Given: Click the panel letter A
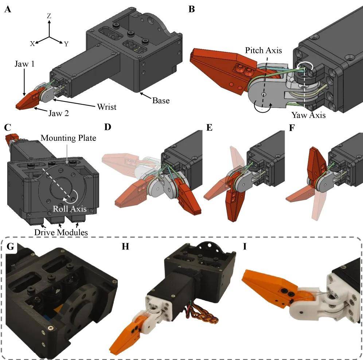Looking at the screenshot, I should tap(8, 10).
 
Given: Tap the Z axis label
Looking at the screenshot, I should tap(49, 16).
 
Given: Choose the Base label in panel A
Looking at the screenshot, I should tap(161, 100).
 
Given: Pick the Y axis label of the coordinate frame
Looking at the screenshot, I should tap(66, 44).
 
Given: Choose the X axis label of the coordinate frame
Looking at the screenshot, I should tap(32, 43).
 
